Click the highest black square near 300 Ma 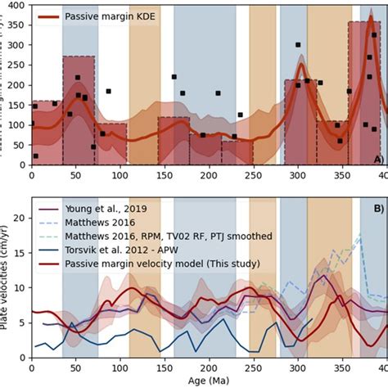[x=297, y=45]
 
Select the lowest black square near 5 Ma [x=35, y=156]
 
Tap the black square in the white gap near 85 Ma [x=108, y=92]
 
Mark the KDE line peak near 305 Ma [x=301, y=65]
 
